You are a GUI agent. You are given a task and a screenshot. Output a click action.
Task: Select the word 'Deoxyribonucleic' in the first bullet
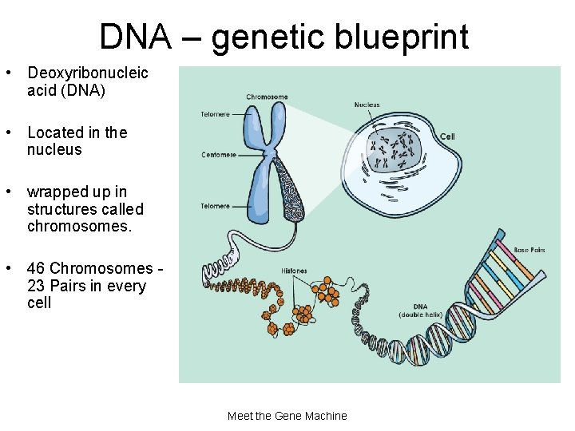pos(88,73)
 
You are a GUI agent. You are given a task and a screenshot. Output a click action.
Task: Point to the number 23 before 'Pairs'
pos(37,286)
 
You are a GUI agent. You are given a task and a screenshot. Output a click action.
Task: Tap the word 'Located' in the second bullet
pos(55,132)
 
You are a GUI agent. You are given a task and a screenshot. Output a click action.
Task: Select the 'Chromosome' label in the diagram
pos(267,97)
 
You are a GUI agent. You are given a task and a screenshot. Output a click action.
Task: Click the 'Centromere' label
pos(219,155)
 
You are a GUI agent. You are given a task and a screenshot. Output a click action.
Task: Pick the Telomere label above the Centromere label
pos(215,114)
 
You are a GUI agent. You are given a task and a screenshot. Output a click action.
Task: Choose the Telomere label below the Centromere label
pos(215,206)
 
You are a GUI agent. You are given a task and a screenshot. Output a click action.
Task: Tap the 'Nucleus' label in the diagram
pos(367,105)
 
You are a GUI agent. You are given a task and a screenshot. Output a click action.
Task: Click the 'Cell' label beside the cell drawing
pos(447,136)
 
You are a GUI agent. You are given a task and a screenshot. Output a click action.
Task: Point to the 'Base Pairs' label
pos(529,250)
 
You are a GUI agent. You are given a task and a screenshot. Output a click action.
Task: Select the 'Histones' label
pos(294,271)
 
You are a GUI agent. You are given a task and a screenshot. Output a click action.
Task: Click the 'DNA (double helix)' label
pos(419,310)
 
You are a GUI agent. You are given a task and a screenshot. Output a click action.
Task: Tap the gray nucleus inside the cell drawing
pos(395,152)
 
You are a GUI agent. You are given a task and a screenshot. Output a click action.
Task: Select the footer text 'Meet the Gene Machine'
pos(287,416)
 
